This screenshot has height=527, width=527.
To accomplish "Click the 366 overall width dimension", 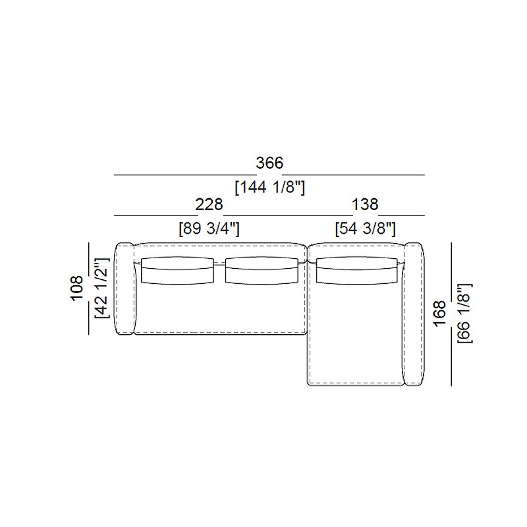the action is [x=269, y=163].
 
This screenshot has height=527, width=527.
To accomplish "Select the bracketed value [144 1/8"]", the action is [x=269, y=187].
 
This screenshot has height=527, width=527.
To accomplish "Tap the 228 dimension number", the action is [x=209, y=204].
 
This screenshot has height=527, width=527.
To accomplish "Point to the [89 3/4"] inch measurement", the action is [x=209, y=229].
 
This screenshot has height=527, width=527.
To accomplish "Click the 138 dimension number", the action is [x=365, y=204].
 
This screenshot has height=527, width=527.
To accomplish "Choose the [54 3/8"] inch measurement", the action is [x=366, y=229].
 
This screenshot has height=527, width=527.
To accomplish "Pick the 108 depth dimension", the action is [x=77, y=288].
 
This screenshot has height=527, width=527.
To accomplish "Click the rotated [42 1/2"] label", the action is [x=102, y=288].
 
